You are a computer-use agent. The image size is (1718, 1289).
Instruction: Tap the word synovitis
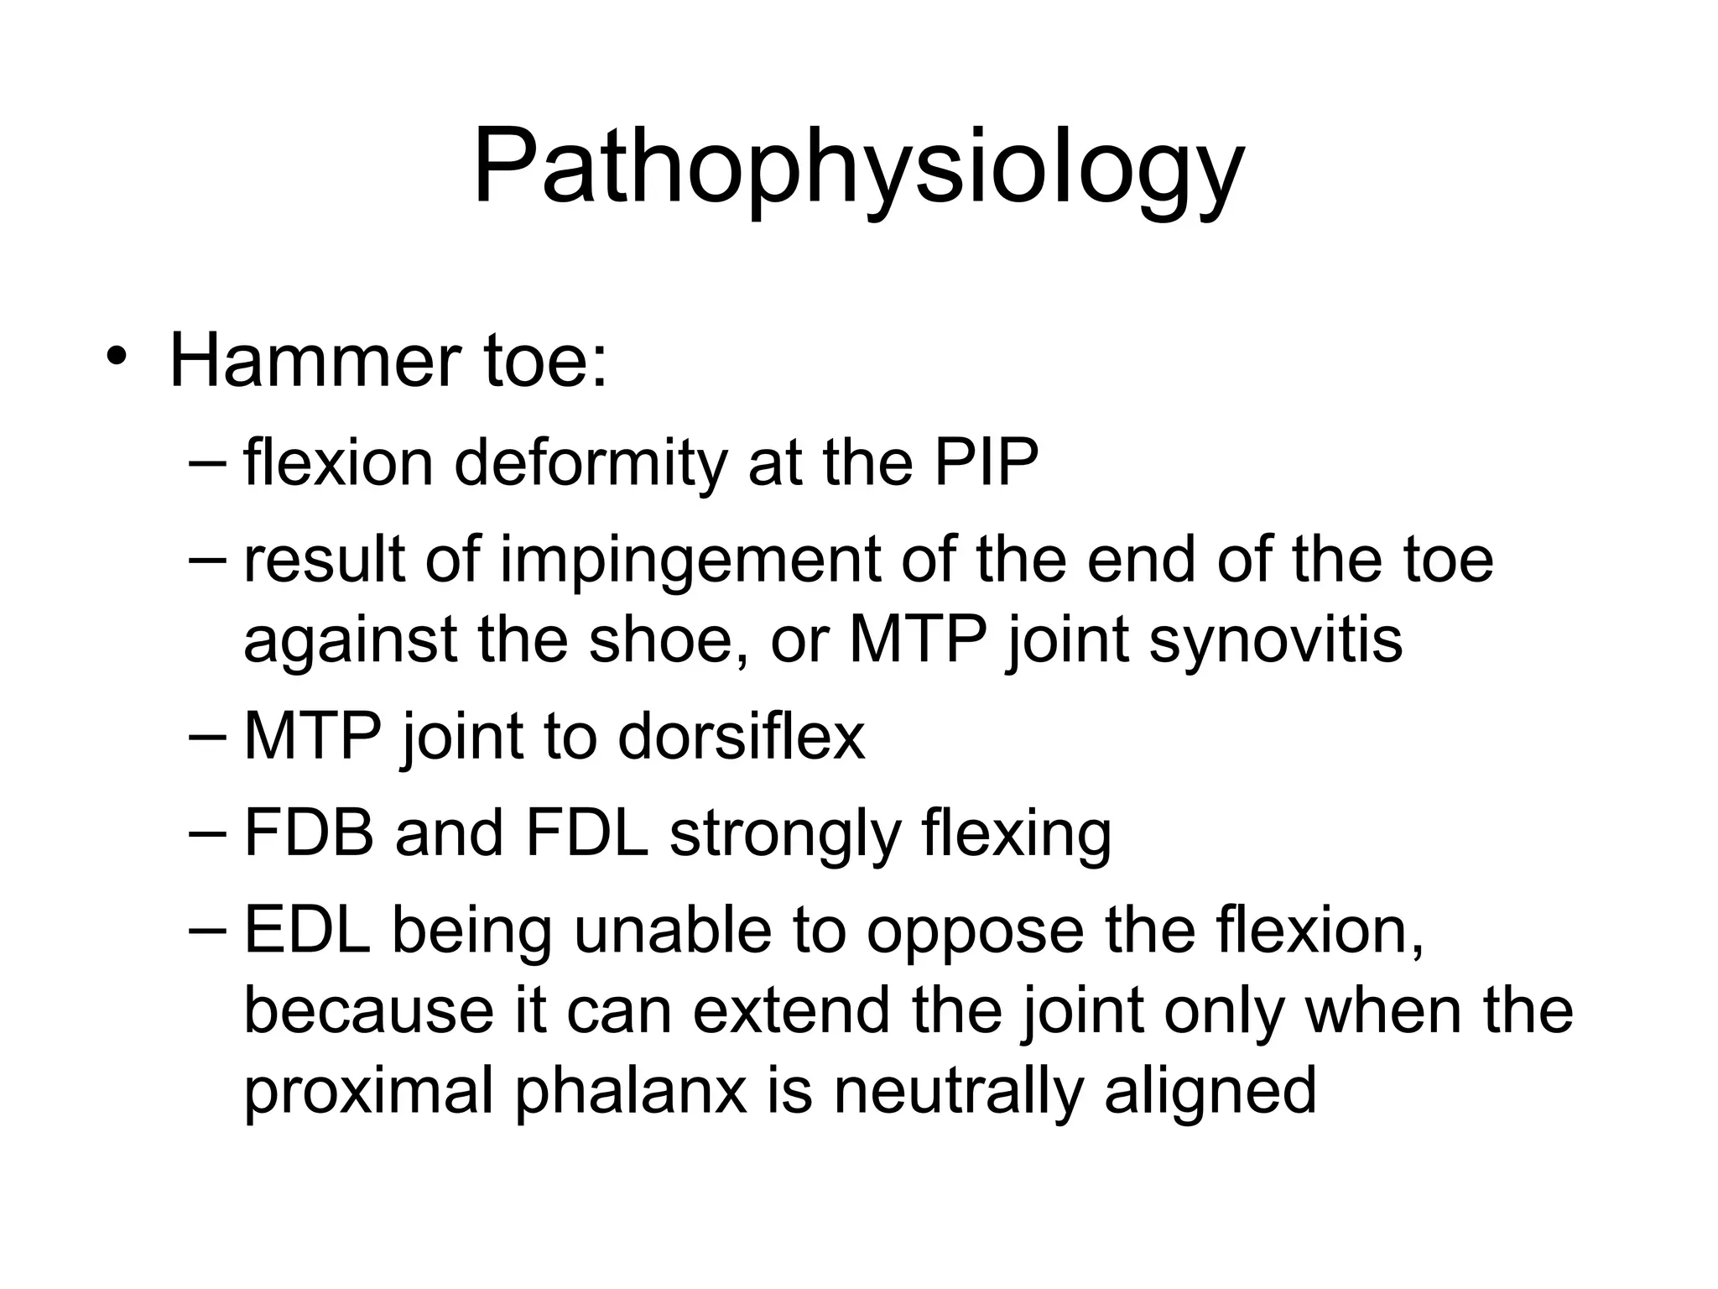coord(1275,639)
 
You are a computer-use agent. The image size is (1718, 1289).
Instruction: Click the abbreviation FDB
coord(309,833)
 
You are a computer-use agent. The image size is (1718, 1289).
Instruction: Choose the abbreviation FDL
coord(587,833)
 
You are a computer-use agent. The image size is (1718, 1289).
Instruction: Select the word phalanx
coord(630,1091)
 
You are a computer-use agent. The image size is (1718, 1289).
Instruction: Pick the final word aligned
coord(1210,1091)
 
